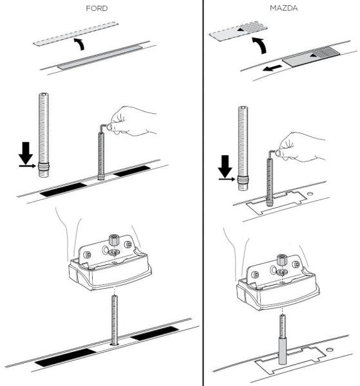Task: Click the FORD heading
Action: (x=97, y=8)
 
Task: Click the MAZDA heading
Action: (x=283, y=8)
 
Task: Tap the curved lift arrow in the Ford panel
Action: (x=80, y=44)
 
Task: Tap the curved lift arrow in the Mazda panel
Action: (x=261, y=45)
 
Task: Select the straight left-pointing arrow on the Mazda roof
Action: (x=272, y=68)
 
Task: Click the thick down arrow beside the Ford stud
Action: (x=26, y=152)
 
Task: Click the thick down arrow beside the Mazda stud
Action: (x=225, y=166)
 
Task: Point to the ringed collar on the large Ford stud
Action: (x=44, y=166)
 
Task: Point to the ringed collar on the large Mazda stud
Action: (x=243, y=179)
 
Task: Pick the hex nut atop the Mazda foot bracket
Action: (x=281, y=260)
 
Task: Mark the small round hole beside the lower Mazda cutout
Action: (x=330, y=349)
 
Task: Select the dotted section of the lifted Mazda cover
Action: (x=253, y=26)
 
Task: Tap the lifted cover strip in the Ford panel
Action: (x=75, y=33)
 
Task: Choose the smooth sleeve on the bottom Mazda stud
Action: (x=282, y=351)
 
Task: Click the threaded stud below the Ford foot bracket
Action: (x=115, y=320)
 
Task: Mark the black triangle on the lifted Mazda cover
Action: (x=240, y=30)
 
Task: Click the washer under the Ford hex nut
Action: (x=114, y=252)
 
